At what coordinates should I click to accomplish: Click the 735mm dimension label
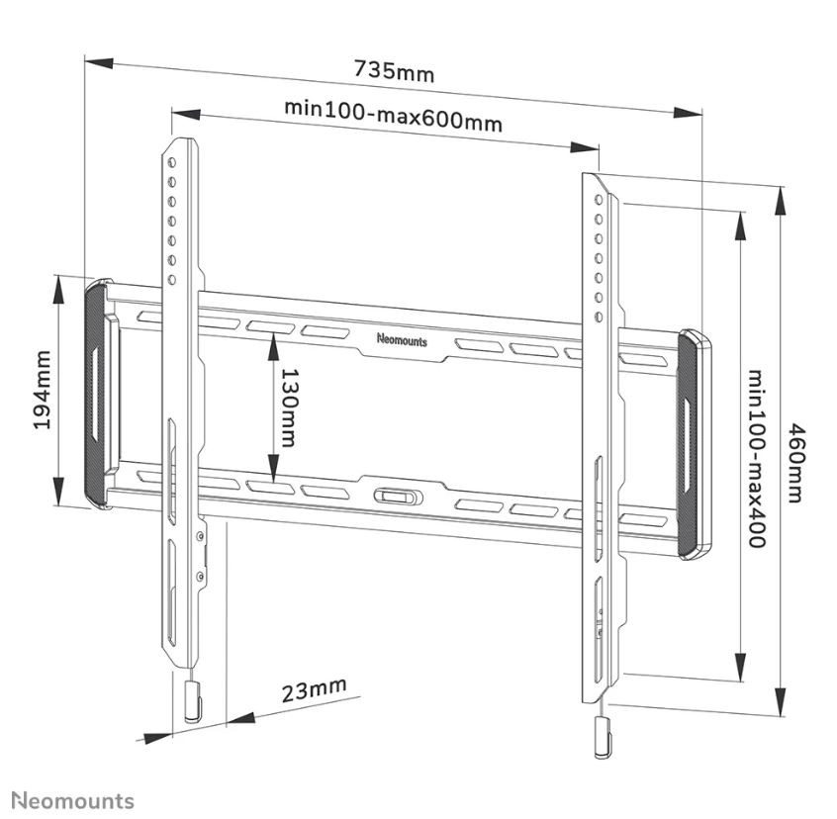(394, 71)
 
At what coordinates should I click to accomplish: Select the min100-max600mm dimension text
(393, 114)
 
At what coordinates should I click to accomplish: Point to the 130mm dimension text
(287, 408)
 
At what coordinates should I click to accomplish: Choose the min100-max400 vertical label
(756, 459)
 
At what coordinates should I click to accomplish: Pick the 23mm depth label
(314, 688)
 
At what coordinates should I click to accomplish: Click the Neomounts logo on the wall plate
(402, 339)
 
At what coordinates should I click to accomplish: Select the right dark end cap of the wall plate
(694, 447)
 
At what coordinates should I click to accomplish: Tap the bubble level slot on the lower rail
(395, 495)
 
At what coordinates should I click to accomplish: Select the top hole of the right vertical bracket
(597, 199)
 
